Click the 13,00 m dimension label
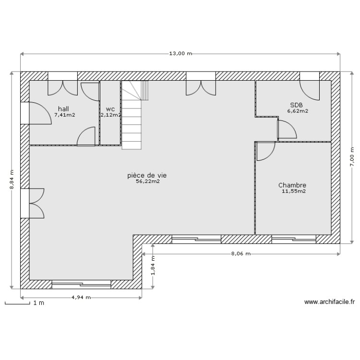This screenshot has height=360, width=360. [180, 54]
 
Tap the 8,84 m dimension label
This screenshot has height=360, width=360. [12, 180]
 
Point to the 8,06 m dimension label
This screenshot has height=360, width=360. [241, 254]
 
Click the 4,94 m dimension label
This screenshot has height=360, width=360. [81, 298]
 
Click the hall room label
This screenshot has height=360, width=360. [64, 109]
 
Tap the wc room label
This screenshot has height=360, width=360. [110, 109]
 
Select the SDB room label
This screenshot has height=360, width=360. [296, 105]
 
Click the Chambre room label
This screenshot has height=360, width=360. [292, 185]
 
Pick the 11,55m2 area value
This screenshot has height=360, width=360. [294, 191]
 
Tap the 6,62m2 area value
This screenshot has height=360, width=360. [297, 111]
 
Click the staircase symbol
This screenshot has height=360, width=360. [133, 115]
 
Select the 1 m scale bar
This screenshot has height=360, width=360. [24, 303]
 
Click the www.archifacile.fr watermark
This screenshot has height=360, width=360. [329, 302]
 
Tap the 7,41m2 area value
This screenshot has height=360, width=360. [64, 115]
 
